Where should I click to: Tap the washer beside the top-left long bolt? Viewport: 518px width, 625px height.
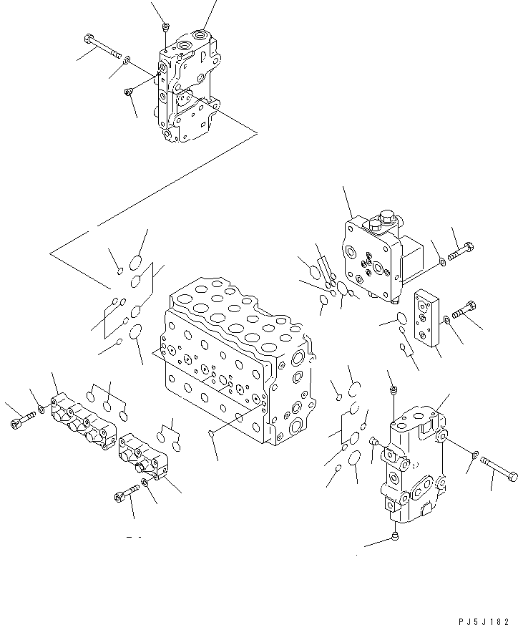pyautogui.click(x=127, y=59)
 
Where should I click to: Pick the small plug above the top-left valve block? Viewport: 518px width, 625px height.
pyautogui.click(x=165, y=28)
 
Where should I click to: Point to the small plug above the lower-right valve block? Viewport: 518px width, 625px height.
pyautogui.click(x=393, y=390)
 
